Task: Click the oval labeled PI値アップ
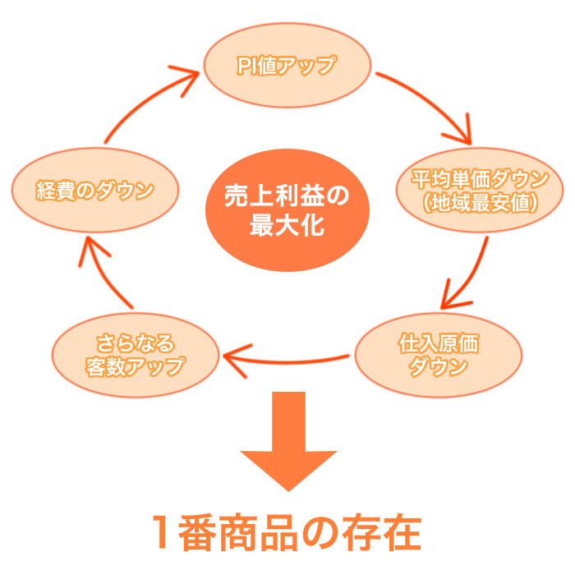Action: tap(287, 67)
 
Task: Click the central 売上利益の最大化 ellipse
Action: tap(287, 209)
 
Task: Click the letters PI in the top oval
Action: tap(246, 67)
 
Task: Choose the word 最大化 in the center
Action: tap(287, 224)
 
